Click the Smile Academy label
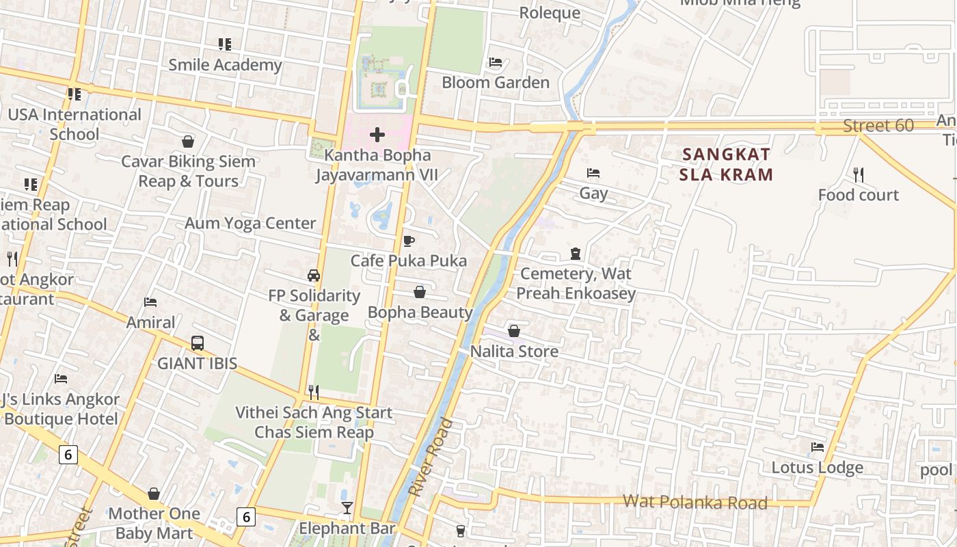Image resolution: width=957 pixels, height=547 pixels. tap(225, 65)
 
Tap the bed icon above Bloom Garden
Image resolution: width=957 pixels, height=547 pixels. tap(496, 62)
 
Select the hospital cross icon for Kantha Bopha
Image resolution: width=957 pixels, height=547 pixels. tap(377, 135)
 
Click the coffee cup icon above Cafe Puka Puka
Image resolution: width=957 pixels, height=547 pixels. tap(409, 241)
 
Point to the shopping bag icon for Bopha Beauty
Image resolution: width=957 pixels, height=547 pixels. tap(420, 292)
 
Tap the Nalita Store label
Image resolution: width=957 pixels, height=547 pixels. tap(514, 351)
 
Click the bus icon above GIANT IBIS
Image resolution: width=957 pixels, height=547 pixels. tap(198, 343)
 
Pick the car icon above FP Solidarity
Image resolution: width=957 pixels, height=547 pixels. tap(314, 276)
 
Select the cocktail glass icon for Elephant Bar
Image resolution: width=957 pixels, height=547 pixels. tap(347, 508)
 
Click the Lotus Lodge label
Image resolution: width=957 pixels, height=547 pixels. tap(817, 468)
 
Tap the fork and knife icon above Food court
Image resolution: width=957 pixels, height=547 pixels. tap(859, 175)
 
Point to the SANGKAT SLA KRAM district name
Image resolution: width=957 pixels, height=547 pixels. tap(726, 164)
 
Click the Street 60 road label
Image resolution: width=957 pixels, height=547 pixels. tap(878, 126)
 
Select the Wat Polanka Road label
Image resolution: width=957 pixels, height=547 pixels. tap(695, 503)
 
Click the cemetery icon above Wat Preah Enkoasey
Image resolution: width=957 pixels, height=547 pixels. tap(576, 254)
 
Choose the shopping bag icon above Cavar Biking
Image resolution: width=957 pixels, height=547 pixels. tap(188, 142)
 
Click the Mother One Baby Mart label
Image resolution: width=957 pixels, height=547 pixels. tap(154, 523)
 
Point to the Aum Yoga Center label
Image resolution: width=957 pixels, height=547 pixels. tap(250, 224)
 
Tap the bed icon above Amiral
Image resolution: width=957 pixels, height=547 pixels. tap(150, 302)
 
